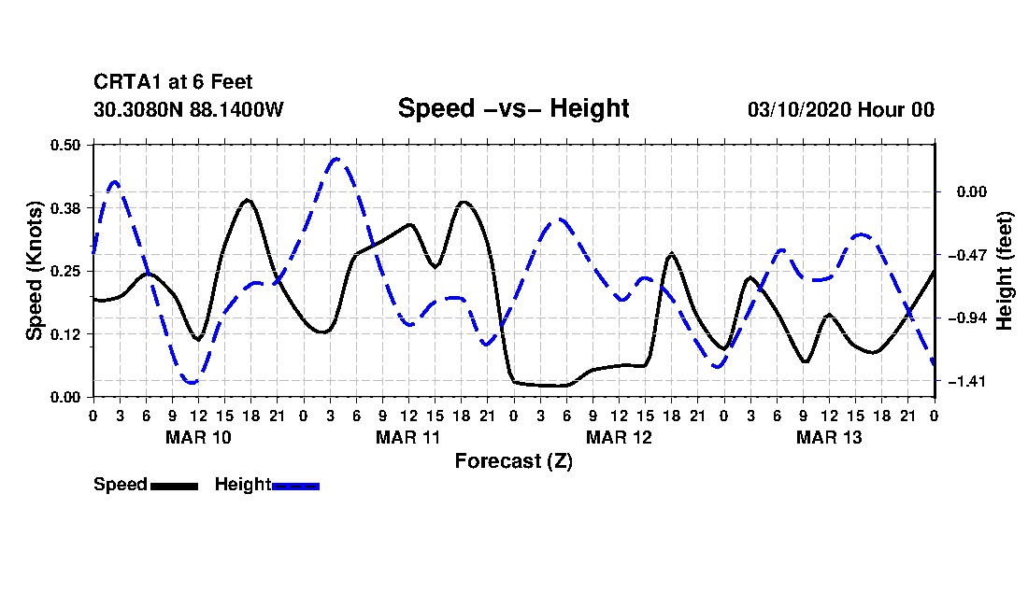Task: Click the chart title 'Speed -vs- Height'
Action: coord(513,108)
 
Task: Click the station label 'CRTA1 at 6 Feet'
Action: coord(173,83)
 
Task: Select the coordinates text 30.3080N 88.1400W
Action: coord(189,109)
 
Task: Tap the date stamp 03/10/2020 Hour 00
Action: coord(840,109)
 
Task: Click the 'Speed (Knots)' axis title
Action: coord(35,271)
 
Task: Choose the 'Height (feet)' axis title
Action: coord(1006,271)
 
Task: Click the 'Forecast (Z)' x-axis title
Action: coord(513,460)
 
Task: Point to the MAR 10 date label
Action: coord(198,437)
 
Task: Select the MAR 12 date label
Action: coord(619,437)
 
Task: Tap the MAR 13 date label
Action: coord(829,437)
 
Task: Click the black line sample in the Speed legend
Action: coord(173,486)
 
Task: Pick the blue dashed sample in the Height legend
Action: coord(295,486)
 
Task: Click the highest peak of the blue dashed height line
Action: coord(336,160)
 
